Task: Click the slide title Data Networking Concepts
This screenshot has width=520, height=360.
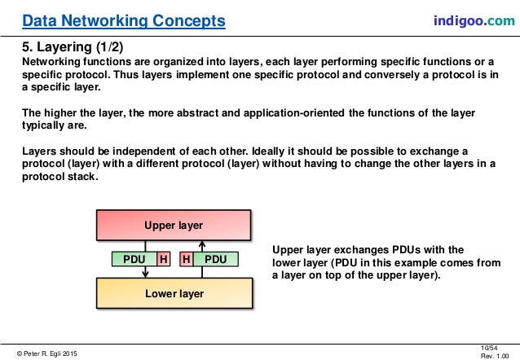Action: tap(124, 19)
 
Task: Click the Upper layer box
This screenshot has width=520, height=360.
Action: tap(174, 224)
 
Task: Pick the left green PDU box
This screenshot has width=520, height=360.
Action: tap(133, 259)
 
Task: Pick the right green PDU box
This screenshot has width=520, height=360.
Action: tap(216, 259)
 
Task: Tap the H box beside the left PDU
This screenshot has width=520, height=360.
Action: tap(163, 259)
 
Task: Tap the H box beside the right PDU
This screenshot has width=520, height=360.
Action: tap(187, 259)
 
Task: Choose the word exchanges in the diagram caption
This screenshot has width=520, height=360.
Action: tap(359, 250)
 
